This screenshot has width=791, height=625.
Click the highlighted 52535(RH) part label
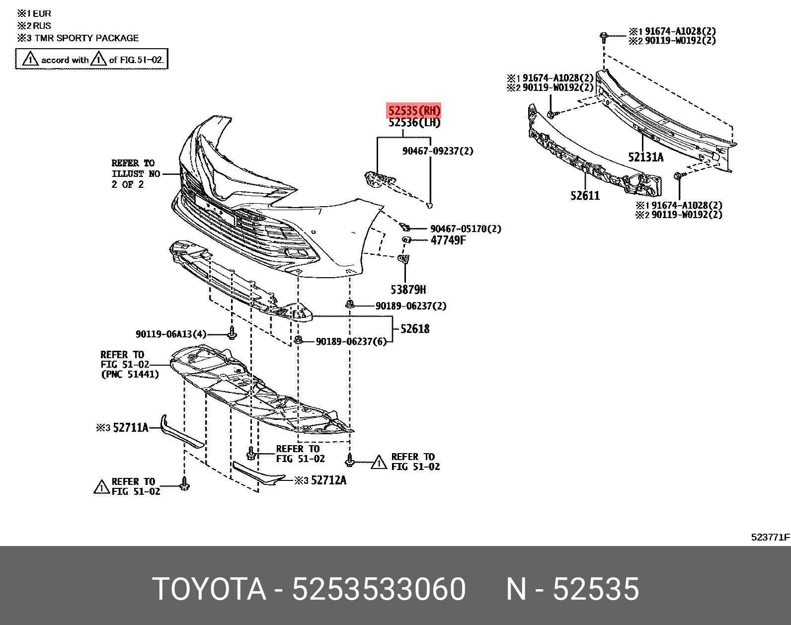coord(414,110)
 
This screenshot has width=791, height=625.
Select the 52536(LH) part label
coord(414,123)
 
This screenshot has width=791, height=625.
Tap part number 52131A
coord(645,157)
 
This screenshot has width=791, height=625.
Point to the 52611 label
coord(585,196)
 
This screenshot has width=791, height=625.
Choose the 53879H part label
coord(407,289)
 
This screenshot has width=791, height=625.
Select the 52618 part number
coord(415,328)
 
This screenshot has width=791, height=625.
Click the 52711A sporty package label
coord(131,427)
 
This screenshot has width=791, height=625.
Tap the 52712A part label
coord(328,480)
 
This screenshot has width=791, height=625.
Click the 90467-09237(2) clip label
coord(438,151)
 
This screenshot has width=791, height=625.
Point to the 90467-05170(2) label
coord(466,229)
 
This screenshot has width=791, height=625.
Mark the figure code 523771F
coord(770,537)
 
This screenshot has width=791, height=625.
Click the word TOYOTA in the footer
coord(209,590)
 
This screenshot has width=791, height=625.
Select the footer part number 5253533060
coord(379,590)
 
